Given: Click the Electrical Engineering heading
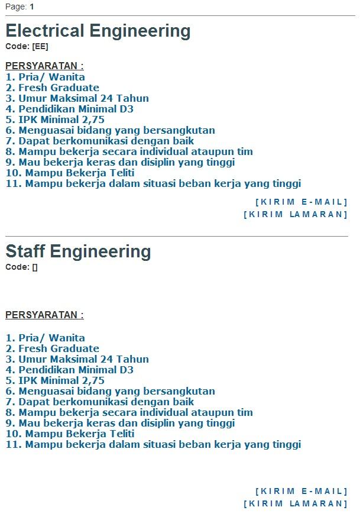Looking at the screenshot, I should click(98, 31).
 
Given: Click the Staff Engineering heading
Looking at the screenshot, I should click(78, 251).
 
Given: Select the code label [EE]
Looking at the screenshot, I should click(40, 46).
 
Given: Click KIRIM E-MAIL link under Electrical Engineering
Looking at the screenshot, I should click(301, 202).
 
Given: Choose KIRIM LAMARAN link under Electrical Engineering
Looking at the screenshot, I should click(296, 214).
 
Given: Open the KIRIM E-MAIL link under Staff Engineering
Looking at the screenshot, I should click(301, 491).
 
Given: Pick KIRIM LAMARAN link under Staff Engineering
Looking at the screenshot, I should click(296, 503).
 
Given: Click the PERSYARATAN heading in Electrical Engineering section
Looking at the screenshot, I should click(44, 66).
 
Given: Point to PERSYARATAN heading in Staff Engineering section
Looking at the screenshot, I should click(44, 315).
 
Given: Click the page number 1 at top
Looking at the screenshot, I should click(32, 7).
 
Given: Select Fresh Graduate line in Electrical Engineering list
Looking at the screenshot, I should click(53, 88).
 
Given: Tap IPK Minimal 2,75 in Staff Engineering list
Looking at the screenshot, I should click(55, 380).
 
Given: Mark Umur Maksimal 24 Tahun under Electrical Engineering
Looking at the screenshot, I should click(77, 98).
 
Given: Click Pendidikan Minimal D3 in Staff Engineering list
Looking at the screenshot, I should click(69, 370).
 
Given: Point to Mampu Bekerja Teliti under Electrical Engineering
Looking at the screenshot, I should click(70, 173).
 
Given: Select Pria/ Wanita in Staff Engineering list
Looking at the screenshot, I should click(46, 338).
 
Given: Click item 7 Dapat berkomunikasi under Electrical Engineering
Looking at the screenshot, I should click(100, 141).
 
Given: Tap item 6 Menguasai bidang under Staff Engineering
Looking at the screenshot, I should click(110, 391).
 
